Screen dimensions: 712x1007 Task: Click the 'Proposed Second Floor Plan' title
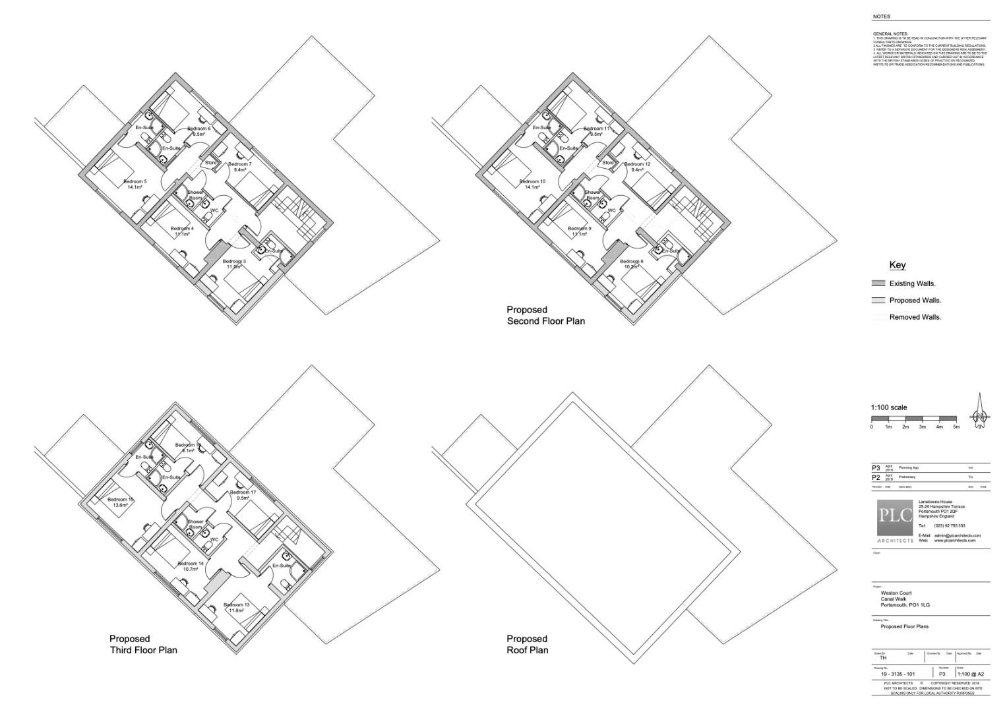tap(545, 315)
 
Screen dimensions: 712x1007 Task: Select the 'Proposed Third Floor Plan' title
tap(142, 644)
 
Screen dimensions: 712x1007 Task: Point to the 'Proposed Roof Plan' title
tap(527, 644)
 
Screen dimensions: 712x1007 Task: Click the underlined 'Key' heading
tap(897, 265)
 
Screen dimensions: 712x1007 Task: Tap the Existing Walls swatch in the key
tap(878, 283)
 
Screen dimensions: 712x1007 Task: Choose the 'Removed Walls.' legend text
tap(915, 317)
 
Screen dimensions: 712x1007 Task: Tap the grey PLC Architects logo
tap(895, 521)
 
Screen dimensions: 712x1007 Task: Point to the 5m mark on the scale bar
tap(956, 427)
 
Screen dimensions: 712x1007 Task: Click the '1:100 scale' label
tap(888, 407)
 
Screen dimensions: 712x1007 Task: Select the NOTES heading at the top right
tap(881, 16)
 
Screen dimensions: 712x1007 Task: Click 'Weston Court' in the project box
tap(896, 593)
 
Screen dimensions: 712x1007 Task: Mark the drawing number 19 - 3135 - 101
tap(898, 674)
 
